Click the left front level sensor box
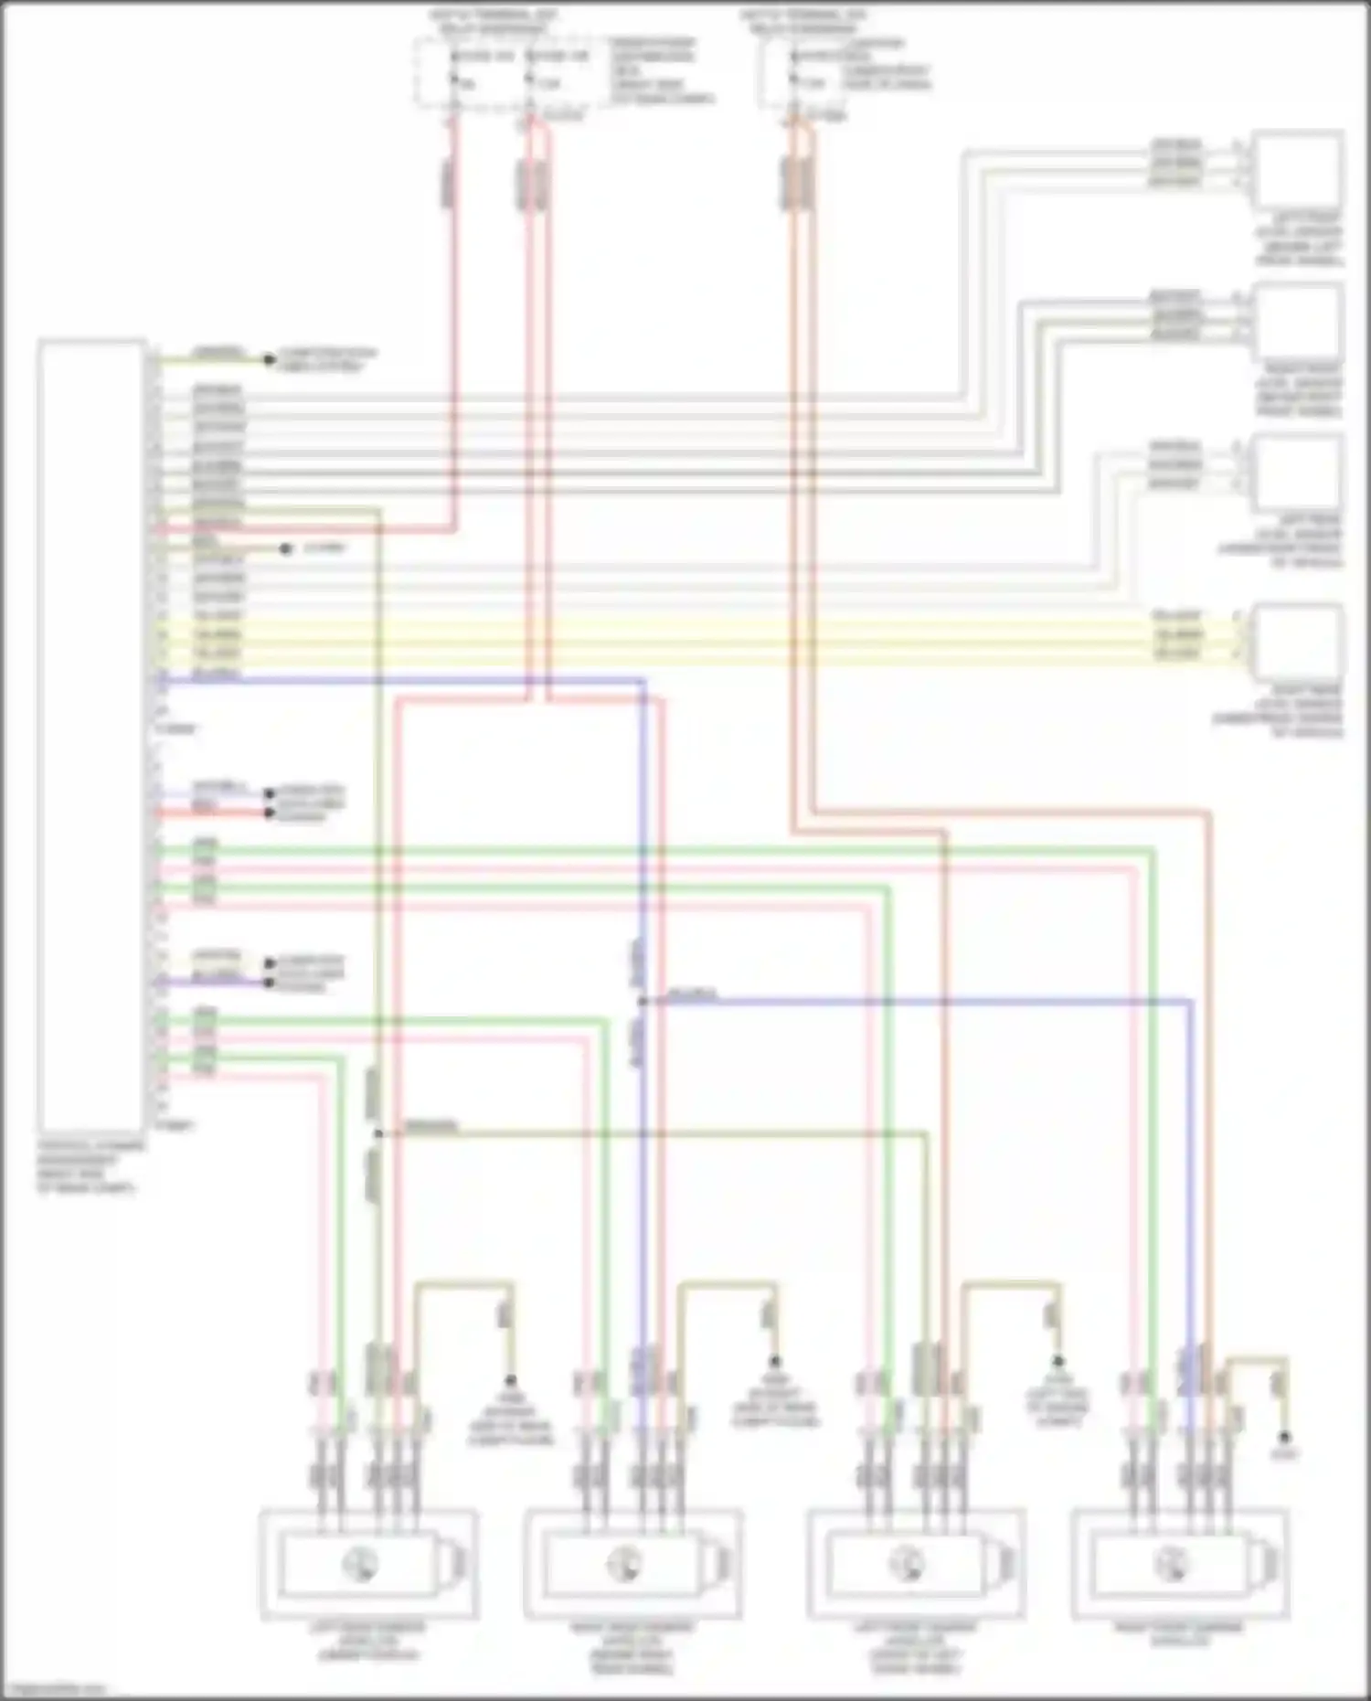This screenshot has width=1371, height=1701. [x=1297, y=171]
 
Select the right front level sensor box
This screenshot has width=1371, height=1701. [x=1297, y=322]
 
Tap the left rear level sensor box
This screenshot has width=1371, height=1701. [x=1297, y=473]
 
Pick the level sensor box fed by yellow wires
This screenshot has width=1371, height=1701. [x=1297, y=640]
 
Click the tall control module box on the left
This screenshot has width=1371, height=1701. [x=91, y=736]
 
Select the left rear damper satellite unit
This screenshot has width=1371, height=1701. [x=368, y=1563]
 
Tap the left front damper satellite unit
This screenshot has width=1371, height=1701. [x=915, y=1563]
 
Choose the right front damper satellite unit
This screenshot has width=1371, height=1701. [x=1179, y=1563]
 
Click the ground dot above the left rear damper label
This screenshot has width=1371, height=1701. [x=510, y=1380]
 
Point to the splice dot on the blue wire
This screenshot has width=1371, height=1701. [x=643, y=1002]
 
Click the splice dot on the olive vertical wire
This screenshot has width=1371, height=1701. [x=377, y=1134]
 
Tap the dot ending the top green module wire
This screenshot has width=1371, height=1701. [x=269, y=359]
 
